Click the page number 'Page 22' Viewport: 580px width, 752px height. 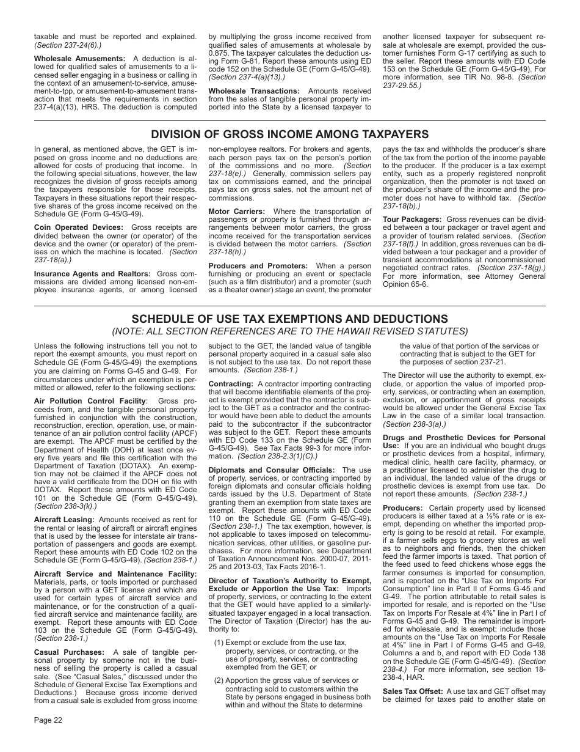[x=48, y=720]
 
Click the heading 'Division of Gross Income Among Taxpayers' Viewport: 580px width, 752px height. [x=289, y=135]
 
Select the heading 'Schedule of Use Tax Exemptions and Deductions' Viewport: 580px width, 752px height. [x=289, y=319]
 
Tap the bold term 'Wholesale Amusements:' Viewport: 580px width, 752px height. [x=79, y=59]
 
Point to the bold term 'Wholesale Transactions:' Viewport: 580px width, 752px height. [x=254, y=91]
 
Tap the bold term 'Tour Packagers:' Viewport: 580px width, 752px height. [x=412, y=219]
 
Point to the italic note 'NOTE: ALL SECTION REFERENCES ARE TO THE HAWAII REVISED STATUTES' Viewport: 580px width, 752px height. [x=289, y=332]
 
